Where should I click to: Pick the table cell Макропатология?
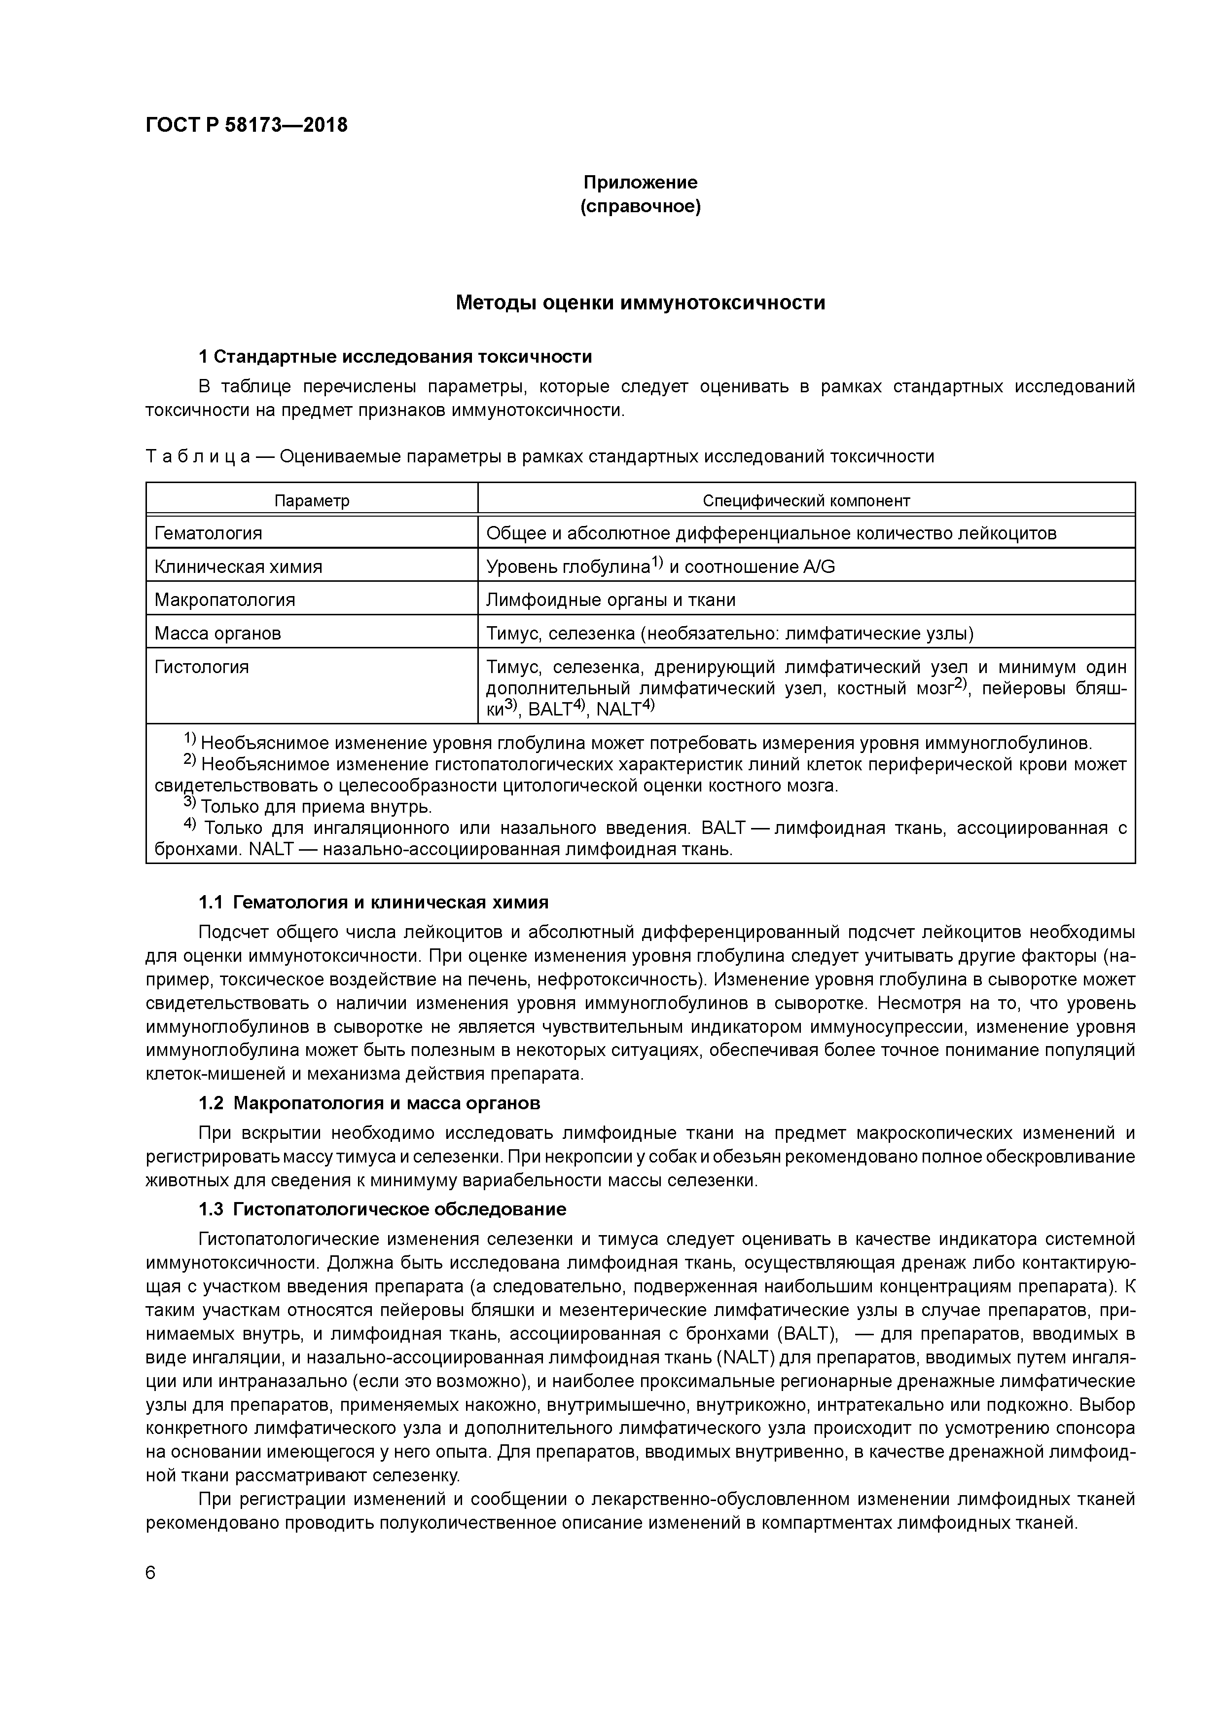[x=224, y=600]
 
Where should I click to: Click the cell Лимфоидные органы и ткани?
[x=611, y=600]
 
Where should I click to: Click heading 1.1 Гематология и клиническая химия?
[x=373, y=903]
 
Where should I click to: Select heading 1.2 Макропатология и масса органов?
[x=369, y=1103]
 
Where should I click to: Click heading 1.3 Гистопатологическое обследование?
[x=382, y=1209]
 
